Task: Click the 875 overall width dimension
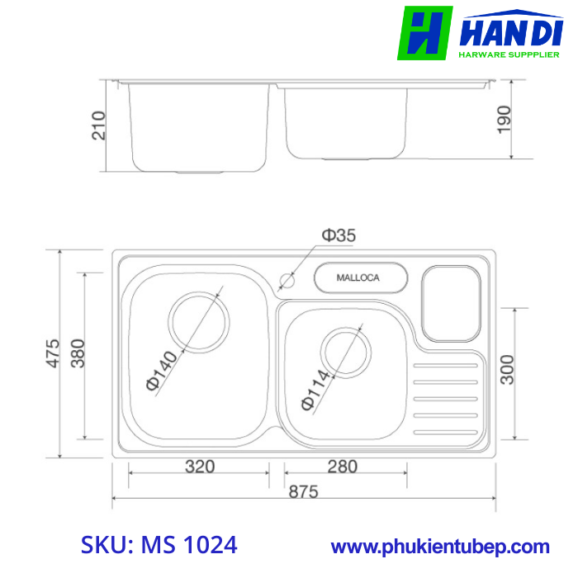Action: [303, 491]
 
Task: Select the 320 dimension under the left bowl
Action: [199, 467]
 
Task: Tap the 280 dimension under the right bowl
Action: [342, 467]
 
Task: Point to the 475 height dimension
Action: [53, 353]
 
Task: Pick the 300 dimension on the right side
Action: [507, 370]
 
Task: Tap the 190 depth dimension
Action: [505, 119]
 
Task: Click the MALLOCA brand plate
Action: [360, 277]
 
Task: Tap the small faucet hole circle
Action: [287, 280]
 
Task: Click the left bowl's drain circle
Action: [197, 320]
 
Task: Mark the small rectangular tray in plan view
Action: [451, 301]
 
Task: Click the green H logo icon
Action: [424, 33]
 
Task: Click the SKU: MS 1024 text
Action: [159, 545]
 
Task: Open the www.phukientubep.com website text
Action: [440, 547]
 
